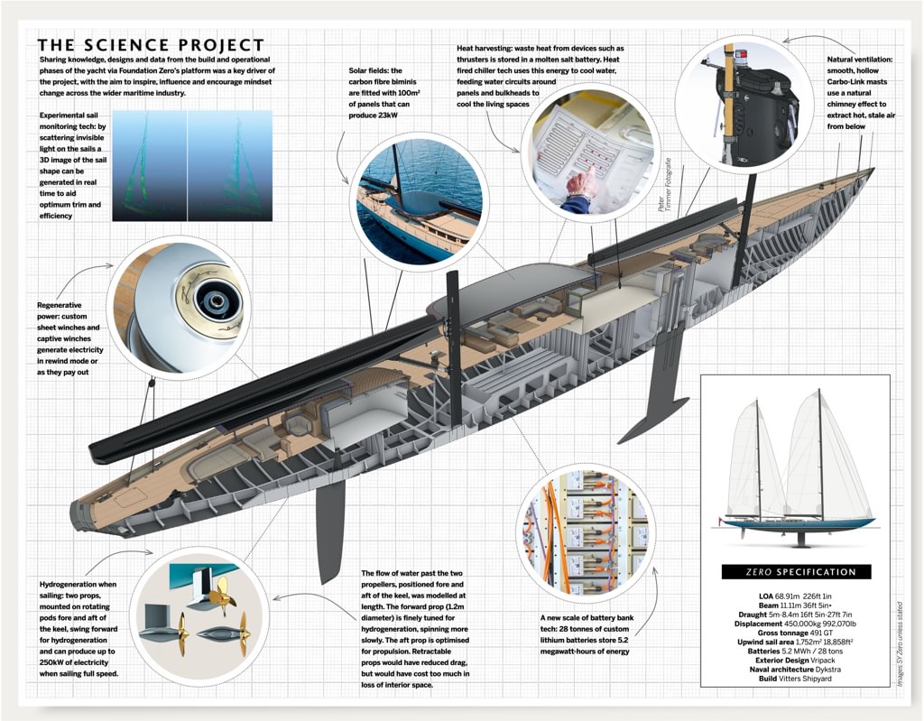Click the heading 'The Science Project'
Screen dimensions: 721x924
151,45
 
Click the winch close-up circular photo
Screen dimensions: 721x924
177,305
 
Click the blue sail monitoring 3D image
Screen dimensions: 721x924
191,165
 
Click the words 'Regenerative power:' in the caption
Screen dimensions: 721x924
64,305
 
